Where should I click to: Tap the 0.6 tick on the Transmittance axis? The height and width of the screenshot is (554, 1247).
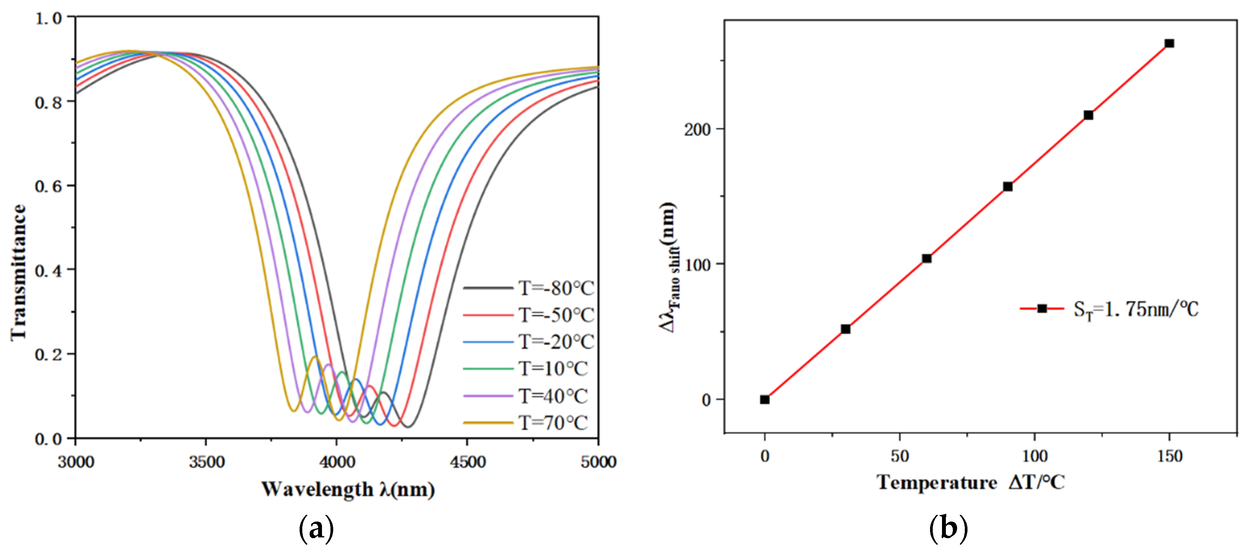point(48,186)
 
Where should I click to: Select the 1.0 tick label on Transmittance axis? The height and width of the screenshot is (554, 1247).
point(48,19)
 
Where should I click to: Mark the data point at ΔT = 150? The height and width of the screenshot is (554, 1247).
point(1169,44)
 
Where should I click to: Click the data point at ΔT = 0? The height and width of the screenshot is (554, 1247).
point(764,400)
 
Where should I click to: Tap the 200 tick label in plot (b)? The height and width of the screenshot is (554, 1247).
point(697,130)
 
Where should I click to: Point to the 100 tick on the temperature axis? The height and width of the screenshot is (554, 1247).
point(1035,456)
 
